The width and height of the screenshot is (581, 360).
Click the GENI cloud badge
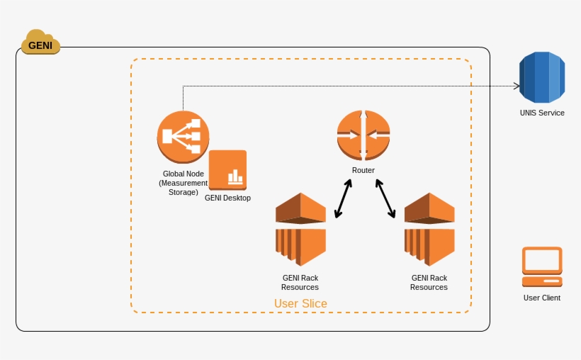(x=40, y=43)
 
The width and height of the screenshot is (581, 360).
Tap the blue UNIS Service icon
(x=541, y=78)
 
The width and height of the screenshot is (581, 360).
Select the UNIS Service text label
(x=541, y=113)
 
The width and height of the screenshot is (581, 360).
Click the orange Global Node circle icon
(x=183, y=137)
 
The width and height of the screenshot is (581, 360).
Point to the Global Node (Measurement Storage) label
(x=183, y=183)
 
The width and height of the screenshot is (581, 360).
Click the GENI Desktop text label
(x=227, y=198)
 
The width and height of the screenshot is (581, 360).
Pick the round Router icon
(x=363, y=135)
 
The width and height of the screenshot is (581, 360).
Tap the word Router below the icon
(x=363, y=170)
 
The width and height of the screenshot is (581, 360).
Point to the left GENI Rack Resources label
(x=300, y=283)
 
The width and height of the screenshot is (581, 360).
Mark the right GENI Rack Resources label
(x=429, y=283)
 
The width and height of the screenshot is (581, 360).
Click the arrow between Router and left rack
(x=344, y=198)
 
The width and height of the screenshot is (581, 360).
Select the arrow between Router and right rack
(x=385, y=198)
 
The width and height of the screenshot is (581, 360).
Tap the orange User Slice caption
(x=300, y=304)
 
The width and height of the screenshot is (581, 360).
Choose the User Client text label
(x=542, y=298)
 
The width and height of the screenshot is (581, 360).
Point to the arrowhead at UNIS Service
(x=517, y=86)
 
